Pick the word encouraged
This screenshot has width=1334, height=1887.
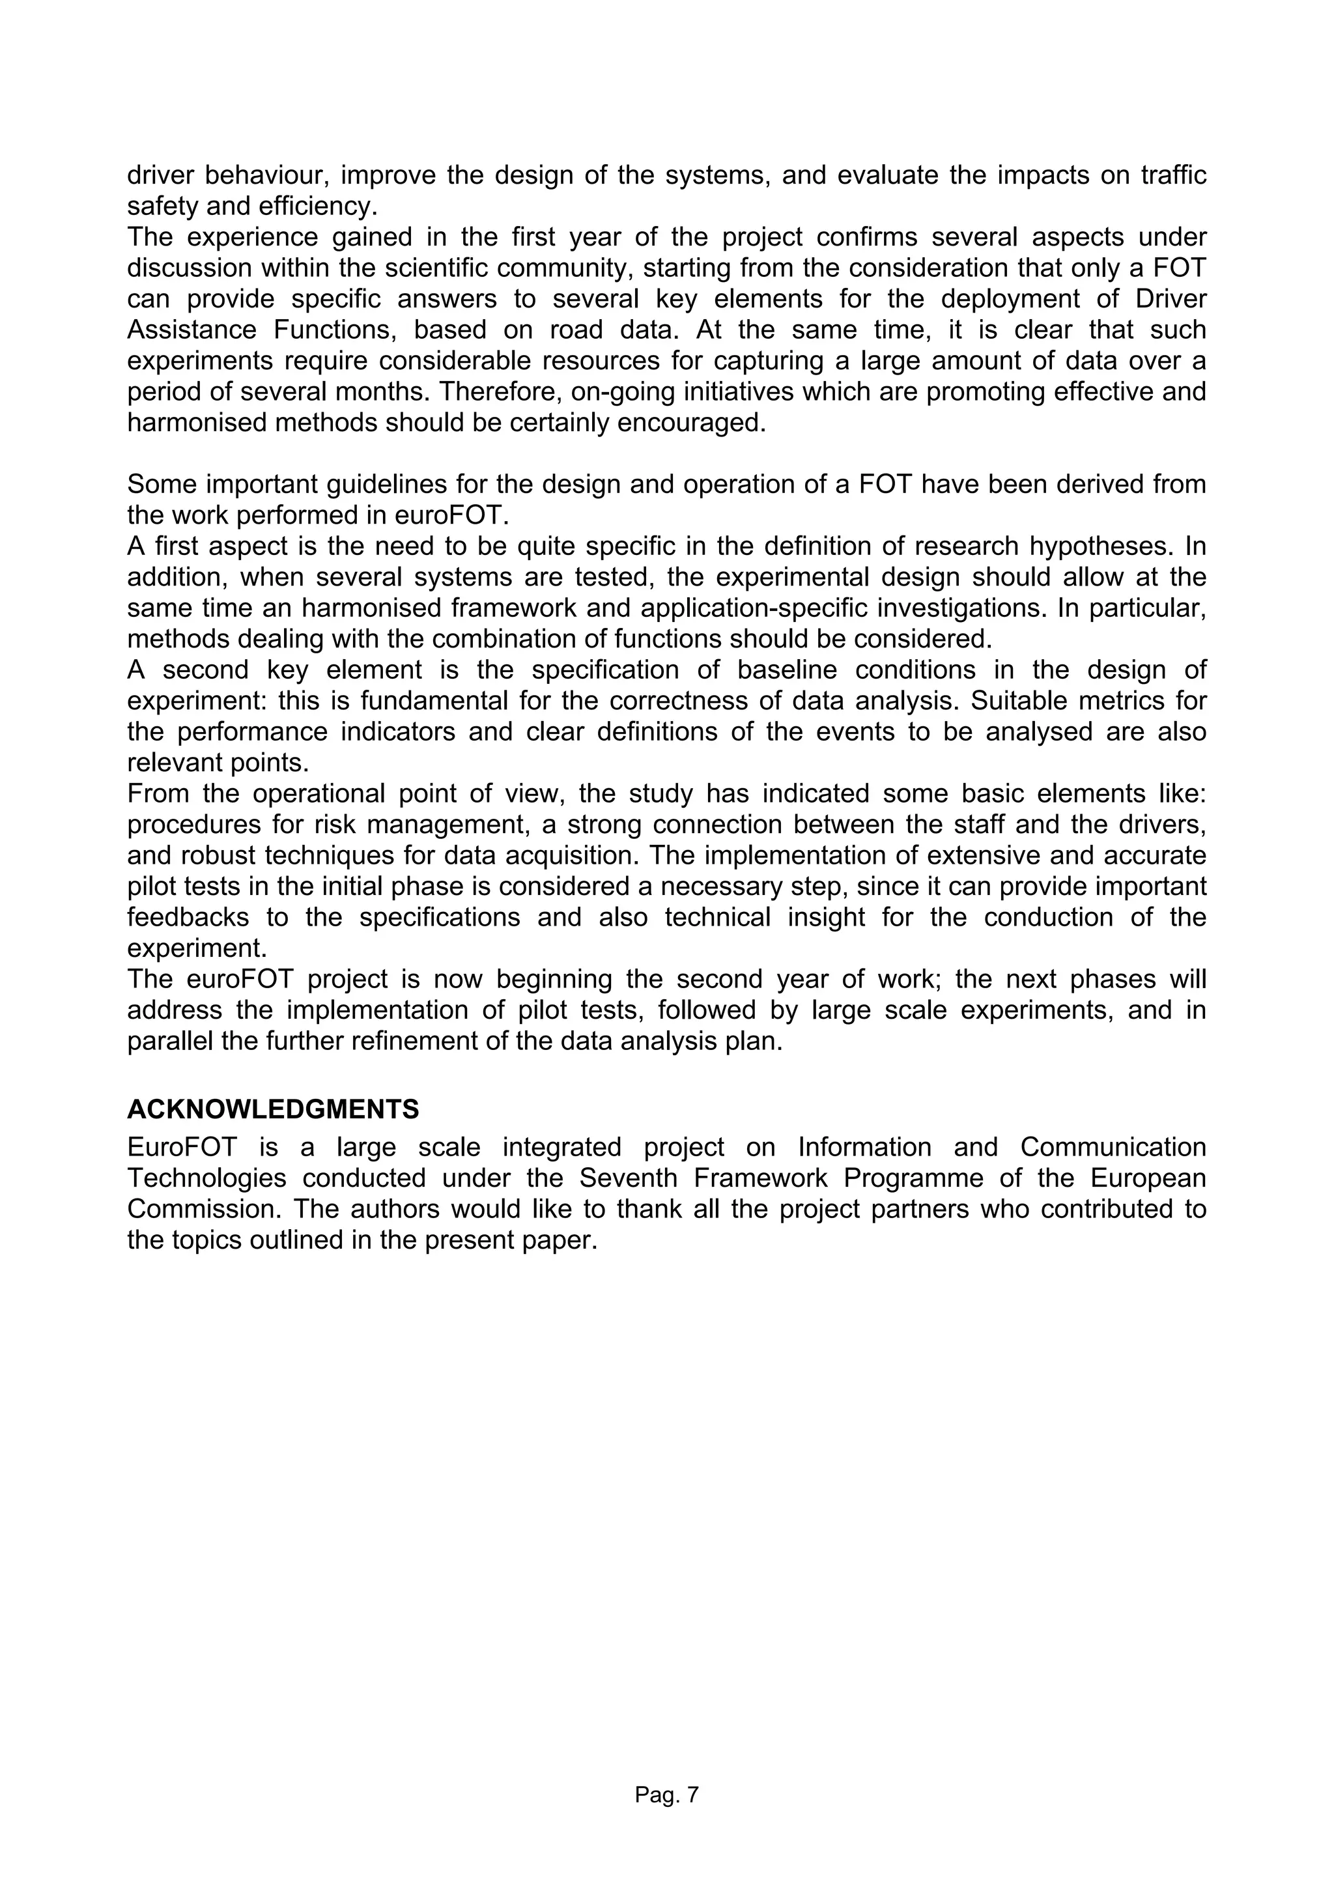coord(690,423)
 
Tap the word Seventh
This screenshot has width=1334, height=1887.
coord(621,1178)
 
